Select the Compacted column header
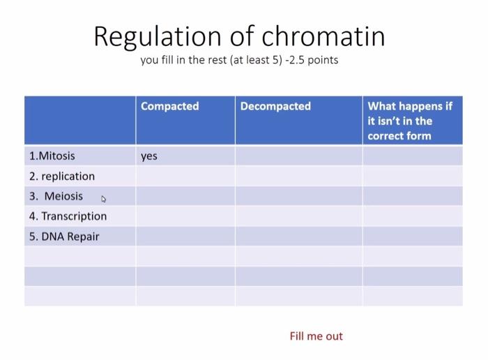(169, 106)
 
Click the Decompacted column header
(275, 106)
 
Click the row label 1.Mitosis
(52, 156)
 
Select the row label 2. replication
(62, 176)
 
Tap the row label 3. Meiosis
(56, 196)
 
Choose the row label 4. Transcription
(68, 216)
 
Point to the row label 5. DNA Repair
(64, 237)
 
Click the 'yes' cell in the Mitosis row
(149, 156)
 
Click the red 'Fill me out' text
(316, 336)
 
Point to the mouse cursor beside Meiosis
(104, 199)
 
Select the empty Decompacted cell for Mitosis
(298, 156)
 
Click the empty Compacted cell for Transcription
(185, 216)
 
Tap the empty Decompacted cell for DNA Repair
(298, 237)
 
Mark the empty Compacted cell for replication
(185, 176)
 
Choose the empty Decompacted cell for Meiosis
(298, 196)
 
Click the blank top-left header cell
(80, 120)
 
